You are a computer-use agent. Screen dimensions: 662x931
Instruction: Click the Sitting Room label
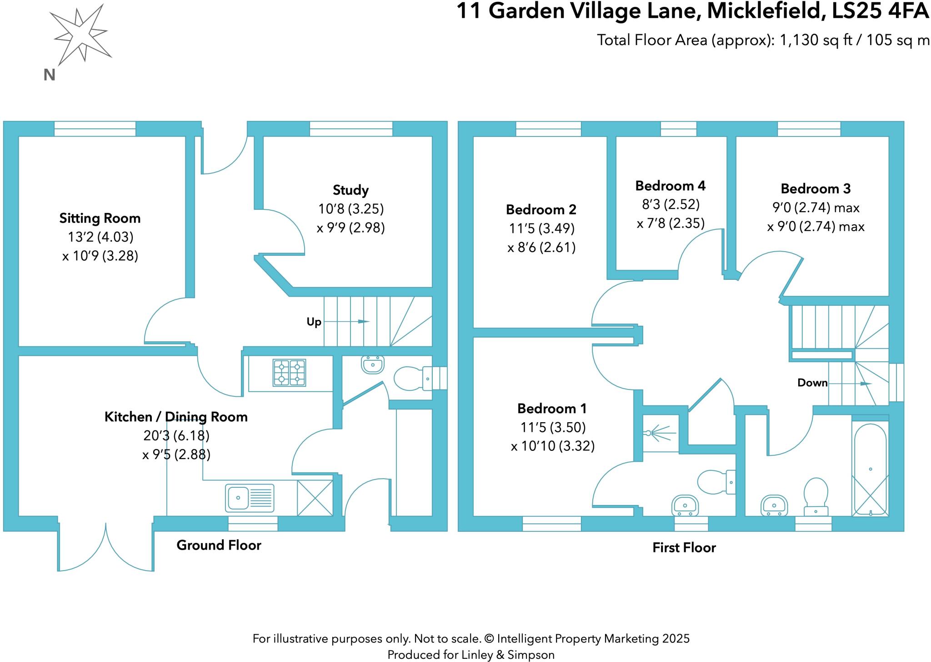[100, 218]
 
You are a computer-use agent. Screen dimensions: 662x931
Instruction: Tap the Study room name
[350, 190]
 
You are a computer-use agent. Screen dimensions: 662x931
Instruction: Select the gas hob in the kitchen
[289, 373]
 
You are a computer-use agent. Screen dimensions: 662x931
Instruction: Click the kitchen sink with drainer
[250, 497]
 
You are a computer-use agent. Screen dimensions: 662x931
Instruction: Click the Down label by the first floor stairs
[812, 383]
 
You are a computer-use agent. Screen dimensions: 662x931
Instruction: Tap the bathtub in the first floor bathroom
[870, 469]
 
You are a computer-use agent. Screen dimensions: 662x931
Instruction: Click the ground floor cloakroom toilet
[411, 379]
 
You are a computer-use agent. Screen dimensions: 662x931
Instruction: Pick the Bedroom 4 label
[670, 186]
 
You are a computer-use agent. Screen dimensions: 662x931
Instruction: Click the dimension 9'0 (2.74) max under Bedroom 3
[816, 208]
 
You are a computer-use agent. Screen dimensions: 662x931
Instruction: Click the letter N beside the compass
[49, 75]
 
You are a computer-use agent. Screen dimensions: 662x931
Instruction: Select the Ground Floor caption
[219, 545]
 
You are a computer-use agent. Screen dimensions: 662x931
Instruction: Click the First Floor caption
[684, 547]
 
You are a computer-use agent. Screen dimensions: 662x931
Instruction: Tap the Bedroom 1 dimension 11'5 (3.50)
[552, 427]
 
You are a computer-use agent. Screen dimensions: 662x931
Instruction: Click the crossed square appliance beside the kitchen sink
[315, 498]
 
